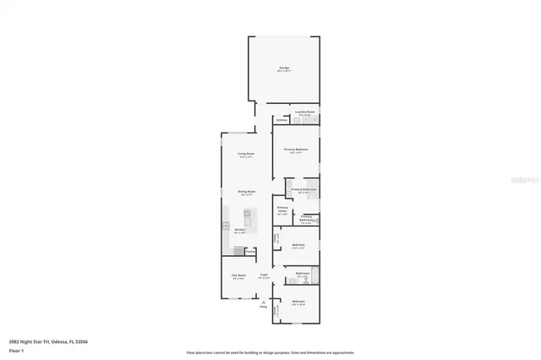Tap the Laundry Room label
[304, 112]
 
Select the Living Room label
[246, 153]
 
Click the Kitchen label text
[240, 229]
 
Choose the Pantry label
[250, 251]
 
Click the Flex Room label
[239, 275]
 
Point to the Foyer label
[264, 275]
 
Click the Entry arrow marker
[264, 303]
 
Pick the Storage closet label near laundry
[281, 120]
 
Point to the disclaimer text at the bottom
[270, 352]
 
